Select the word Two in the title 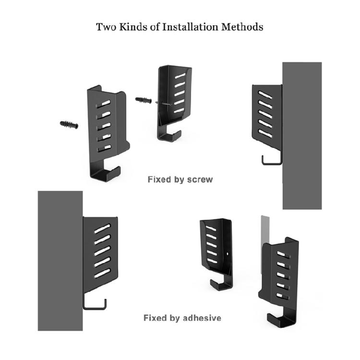(106, 26)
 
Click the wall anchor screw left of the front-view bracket (70, 124)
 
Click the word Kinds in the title (134, 26)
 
